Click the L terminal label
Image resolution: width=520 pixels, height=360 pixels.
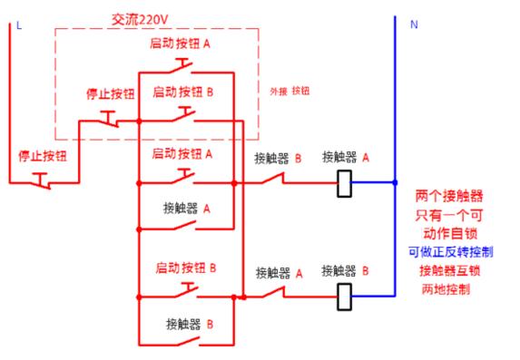pyautogui.click(x=18, y=24)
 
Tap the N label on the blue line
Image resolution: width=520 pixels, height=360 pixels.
pyautogui.click(x=414, y=24)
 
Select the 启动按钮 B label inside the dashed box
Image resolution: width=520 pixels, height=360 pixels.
pyautogui.click(x=183, y=91)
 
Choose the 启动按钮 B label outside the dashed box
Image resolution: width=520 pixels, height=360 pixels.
pyautogui.click(x=185, y=268)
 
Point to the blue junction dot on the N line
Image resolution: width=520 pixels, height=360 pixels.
pyautogui.click(x=395, y=182)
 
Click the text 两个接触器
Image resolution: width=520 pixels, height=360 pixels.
pyautogui.click(x=448, y=195)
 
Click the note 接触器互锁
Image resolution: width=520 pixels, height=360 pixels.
pyautogui.click(x=448, y=270)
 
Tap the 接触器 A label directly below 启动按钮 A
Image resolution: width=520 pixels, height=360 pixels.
pyautogui.click(x=187, y=207)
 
